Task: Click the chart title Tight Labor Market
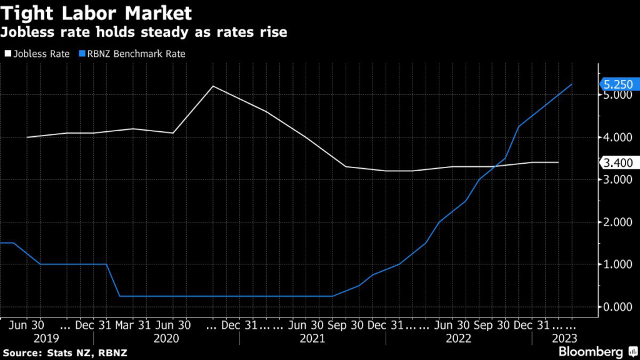pos(96,12)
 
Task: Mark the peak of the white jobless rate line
pos(212,86)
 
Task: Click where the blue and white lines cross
pos(497,166)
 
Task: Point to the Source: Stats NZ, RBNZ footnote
pos(65,352)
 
